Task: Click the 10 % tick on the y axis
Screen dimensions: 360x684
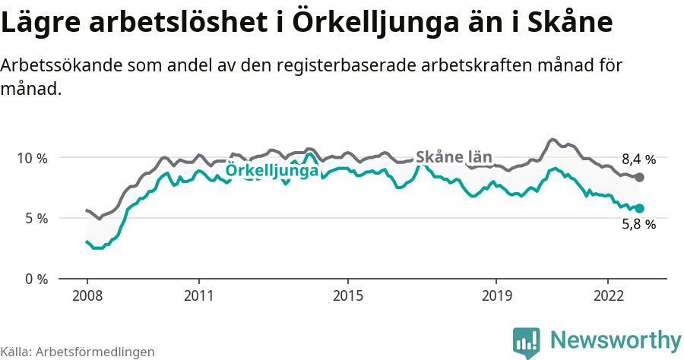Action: [31, 158]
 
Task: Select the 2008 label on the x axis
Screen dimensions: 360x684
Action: [87, 295]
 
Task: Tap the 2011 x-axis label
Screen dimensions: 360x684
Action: [198, 295]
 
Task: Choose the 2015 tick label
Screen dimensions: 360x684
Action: [347, 295]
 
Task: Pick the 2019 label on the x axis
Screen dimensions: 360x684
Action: [496, 295]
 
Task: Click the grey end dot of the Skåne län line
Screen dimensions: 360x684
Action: [639, 177]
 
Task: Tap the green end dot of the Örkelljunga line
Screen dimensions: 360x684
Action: [639, 208]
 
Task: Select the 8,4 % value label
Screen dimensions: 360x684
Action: [638, 159]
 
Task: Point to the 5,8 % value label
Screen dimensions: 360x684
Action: [638, 224]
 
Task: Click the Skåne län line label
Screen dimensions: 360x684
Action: [454, 157]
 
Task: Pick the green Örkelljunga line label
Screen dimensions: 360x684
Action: [272, 172]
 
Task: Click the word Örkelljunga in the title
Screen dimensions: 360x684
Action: [378, 23]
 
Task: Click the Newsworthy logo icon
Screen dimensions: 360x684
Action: [526, 341]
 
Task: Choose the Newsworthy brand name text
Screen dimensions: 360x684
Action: [615, 339]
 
